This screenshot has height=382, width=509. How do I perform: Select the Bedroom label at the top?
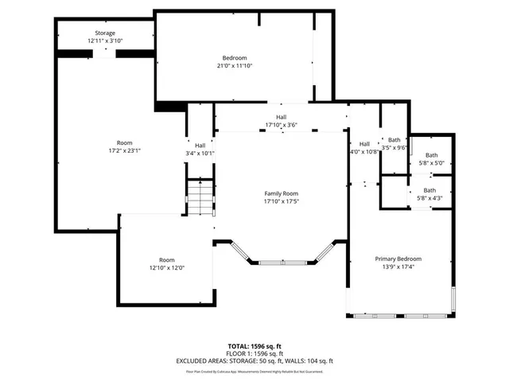coord(234,57)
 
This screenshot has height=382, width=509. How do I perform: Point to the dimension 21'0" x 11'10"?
coord(234,65)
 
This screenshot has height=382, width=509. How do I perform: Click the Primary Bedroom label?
coord(398,259)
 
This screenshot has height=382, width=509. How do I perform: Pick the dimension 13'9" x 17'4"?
coord(398,267)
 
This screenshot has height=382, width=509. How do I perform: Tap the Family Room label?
coord(281,193)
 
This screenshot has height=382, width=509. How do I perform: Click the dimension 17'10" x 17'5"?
coord(281,201)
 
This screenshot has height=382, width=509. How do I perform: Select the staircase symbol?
coord(201,197)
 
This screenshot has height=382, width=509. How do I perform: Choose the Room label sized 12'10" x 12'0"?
coord(166,259)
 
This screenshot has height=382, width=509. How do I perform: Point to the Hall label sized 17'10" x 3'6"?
coord(281,116)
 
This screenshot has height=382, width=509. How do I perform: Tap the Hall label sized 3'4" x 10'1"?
coord(200,145)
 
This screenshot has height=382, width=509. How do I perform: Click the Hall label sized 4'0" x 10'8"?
coord(364,143)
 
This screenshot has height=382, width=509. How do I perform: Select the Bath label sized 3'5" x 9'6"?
coord(394,139)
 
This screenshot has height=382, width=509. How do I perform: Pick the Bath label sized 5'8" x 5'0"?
coord(431,155)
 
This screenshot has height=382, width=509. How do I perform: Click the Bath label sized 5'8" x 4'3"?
coord(429,190)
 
